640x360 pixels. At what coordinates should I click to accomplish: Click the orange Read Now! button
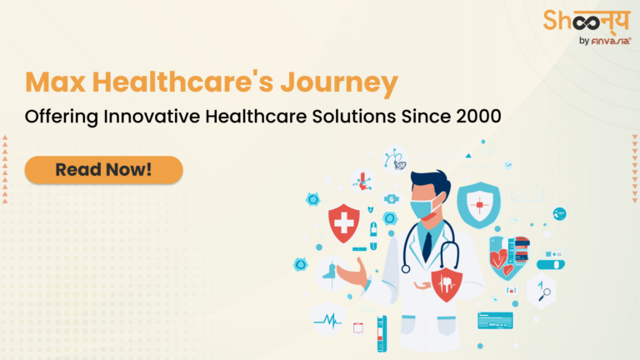(x=103, y=169)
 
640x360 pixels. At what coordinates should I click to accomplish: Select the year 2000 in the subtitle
(x=478, y=117)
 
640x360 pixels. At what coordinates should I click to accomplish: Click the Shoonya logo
(x=585, y=22)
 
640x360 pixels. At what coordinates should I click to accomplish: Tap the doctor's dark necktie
(x=426, y=243)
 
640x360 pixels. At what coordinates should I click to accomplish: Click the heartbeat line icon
(x=327, y=319)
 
